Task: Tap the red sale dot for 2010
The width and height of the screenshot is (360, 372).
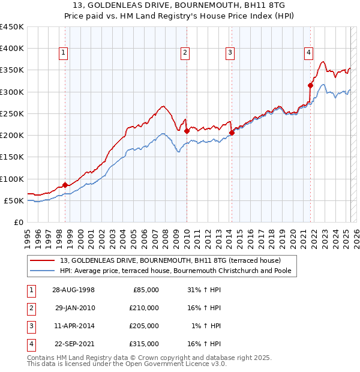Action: [187, 131]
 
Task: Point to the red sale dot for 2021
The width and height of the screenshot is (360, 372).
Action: [311, 85]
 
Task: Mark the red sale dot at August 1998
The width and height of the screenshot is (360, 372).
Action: [65, 185]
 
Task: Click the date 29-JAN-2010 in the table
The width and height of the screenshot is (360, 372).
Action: [74, 308]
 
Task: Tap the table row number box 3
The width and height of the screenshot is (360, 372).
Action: [31, 326]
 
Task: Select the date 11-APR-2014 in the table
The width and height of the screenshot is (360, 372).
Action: [74, 326]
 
